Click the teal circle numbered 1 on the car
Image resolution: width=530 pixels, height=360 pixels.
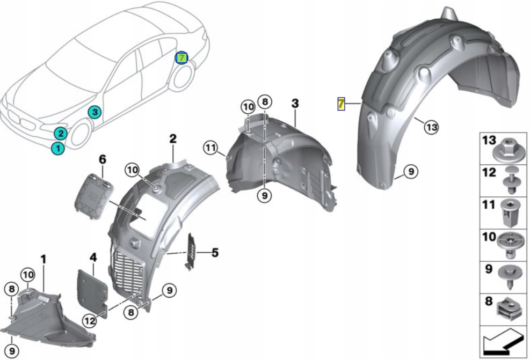click(x=57, y=148)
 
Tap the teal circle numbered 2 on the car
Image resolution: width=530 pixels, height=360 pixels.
click(x=61, y=134)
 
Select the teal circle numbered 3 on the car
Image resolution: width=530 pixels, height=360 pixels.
click(x=94, y=112)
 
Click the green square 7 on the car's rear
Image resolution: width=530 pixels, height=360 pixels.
click(x=182, y=57)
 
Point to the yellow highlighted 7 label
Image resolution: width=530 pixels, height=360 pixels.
click(x=340, y=103)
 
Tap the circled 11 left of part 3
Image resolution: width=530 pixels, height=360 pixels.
click(x=210, y=146)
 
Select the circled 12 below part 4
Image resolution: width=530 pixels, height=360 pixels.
click(x=89, y=320)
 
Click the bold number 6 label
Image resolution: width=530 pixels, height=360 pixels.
click(x=103, y=159)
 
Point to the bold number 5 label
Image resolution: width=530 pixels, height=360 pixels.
click(x=215, y=252)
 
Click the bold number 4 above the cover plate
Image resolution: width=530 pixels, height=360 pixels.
click(x=93, y=258)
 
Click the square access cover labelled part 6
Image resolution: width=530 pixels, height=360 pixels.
click(x=95, y=195)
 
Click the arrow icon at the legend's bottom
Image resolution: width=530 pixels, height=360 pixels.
click(x=503, y=341)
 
